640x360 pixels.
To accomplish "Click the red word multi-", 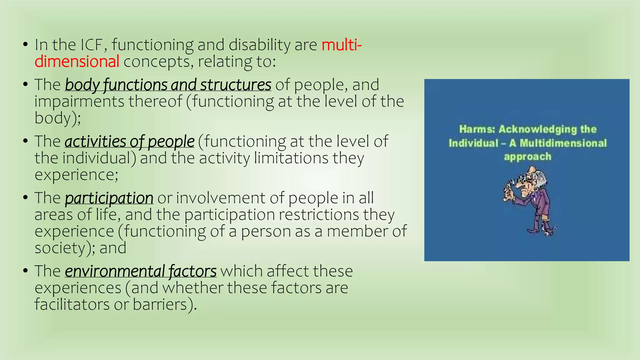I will click(342, 45).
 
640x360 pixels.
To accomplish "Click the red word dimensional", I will click(77, 61).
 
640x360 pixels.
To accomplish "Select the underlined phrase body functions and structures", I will click(168, 85).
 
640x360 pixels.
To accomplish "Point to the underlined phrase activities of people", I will click(129, 141).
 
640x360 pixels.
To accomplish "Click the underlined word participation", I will click(109, 198).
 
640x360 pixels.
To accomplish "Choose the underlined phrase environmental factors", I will click(141, 271).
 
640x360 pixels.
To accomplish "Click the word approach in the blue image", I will click(527, 157).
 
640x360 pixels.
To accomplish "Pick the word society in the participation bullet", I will click(60, 248).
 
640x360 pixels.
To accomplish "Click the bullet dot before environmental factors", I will click(26, 271).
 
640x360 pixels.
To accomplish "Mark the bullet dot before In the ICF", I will click(26, 45).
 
